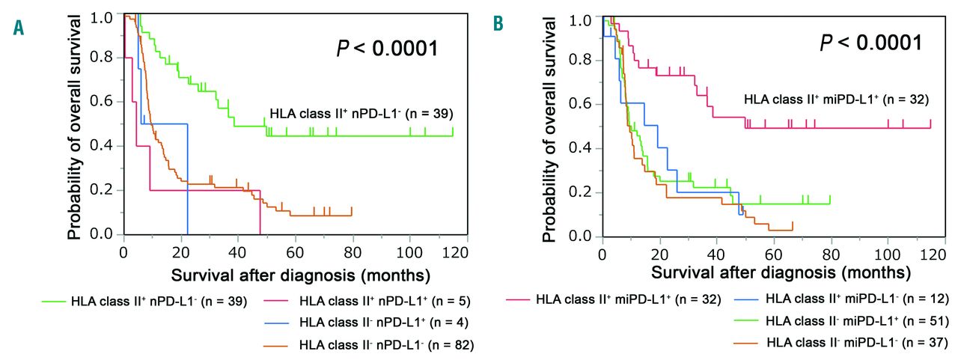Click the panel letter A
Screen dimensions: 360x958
coord(17,28)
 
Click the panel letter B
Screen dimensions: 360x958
coord(498,25)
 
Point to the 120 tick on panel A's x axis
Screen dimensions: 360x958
coord(457,251)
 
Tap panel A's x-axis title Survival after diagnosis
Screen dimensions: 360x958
coord(300,274)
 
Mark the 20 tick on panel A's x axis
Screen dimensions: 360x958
coord(180,251)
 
